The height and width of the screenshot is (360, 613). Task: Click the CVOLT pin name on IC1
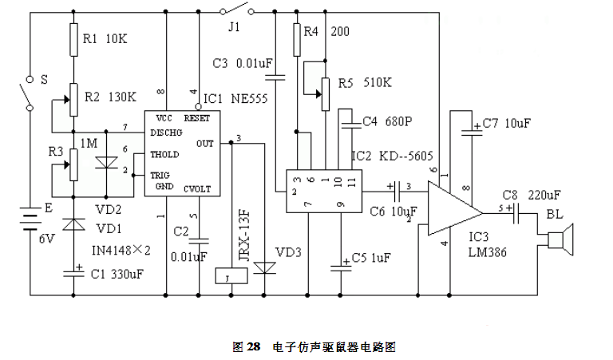(x=196, y=189)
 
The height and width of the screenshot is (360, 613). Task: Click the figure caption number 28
(x=253, y=347)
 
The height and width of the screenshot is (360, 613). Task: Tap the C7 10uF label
(x=506, y=125)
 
